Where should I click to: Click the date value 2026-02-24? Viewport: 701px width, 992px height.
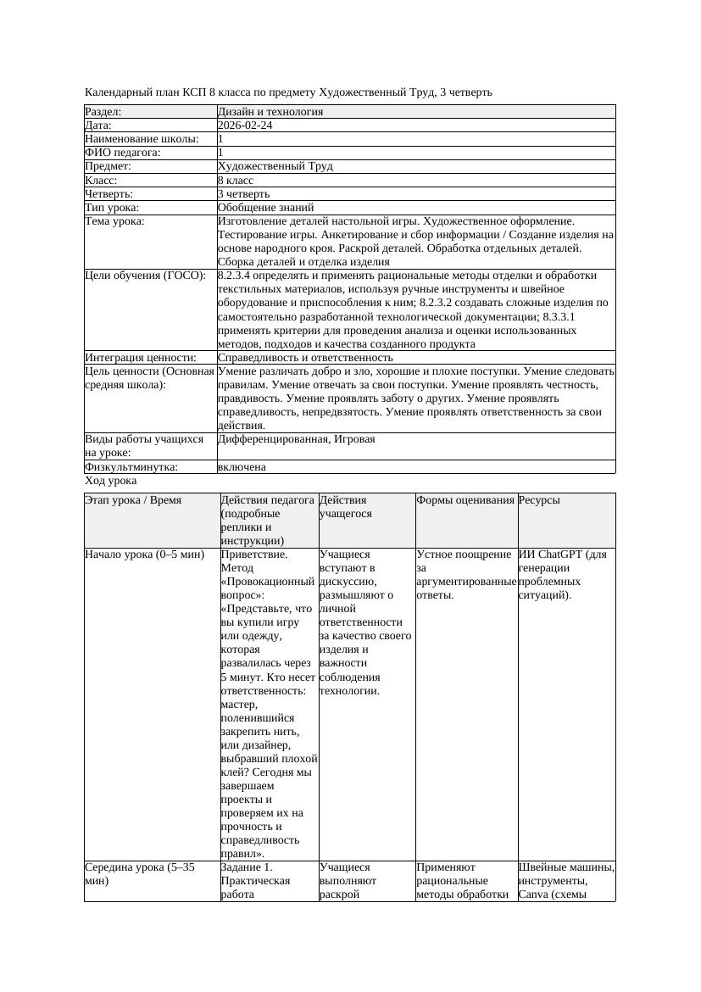tap(245, 125)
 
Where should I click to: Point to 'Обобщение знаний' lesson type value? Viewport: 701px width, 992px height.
tap(265, 208)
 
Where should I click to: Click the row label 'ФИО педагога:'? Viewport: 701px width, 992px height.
tap(123, 153)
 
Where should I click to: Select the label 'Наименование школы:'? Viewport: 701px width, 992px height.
tap(142, 139)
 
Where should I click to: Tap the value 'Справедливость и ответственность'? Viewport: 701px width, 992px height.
tap(305, 358)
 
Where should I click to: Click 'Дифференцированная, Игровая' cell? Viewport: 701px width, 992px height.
tap(296, 439)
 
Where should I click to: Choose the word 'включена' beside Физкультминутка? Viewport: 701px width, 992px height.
tap(242, 467)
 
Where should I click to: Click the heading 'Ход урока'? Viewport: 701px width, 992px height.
tap(110, 481)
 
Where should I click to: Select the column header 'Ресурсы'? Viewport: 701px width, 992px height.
tap(539, 500)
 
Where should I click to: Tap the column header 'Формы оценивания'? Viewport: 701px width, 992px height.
tap(465, 500)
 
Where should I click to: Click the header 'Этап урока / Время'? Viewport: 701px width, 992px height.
tap(133, 500)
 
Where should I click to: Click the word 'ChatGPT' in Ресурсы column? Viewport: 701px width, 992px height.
tap(560, 555)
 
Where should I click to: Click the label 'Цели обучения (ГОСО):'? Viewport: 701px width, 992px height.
tap(145, 276)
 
